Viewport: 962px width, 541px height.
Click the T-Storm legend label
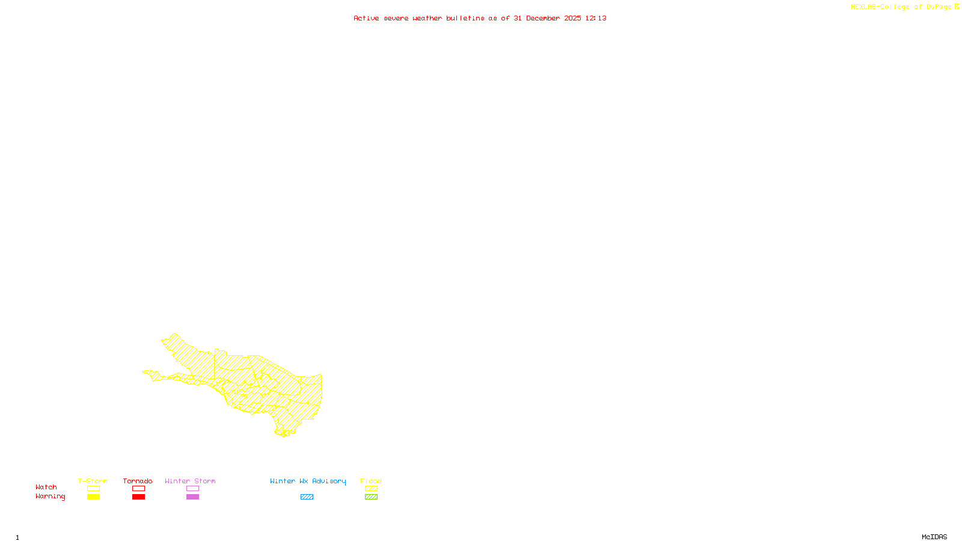pos(93,481)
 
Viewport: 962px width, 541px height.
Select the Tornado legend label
pos(138,481)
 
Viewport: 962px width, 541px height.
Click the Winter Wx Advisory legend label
pos(308,481)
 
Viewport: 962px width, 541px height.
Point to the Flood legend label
pos(371,481)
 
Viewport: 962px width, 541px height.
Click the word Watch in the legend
pos(46,487)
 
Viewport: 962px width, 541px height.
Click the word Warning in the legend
pos(50,497)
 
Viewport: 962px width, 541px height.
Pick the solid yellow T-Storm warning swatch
pos(93,497)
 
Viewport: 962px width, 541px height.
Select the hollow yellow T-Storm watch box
pos(93,489)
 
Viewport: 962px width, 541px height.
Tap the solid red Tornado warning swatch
pos(139,497)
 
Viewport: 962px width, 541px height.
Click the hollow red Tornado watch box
pos(139,489)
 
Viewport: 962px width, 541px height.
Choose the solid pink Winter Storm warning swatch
pos(192,497)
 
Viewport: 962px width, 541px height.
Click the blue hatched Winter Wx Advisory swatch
pos(307,497)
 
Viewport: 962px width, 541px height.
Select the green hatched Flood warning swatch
pos(372,497)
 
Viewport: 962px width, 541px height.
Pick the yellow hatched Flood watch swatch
pos(372,489)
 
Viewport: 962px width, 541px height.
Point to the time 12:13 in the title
pos(596,18)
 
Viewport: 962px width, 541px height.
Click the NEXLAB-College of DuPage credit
pos(901,7)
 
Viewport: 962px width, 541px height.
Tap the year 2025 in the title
pos(572,18)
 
